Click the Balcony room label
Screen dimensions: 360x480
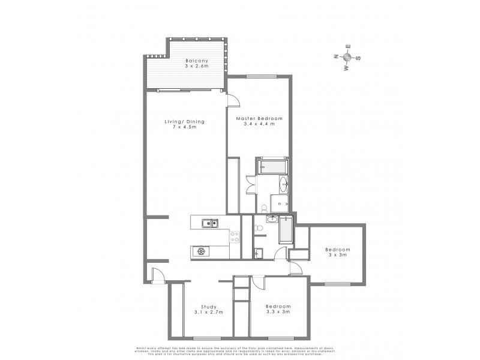[196, 61]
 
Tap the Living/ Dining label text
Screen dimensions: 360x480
[185, 122]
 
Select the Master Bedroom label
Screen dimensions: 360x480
[259, 119]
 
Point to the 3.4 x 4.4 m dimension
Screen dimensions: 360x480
[259, 125]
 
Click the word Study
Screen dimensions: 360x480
[200, 307]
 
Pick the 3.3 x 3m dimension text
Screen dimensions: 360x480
[278, 312]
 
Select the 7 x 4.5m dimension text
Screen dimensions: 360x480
[185, 128]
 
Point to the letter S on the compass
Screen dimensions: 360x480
[358, 58]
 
